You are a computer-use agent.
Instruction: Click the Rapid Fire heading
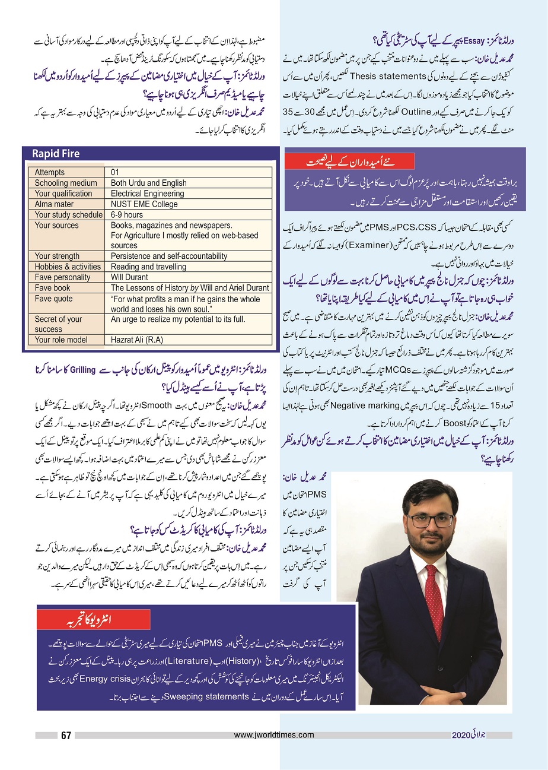click(x=56, y=154)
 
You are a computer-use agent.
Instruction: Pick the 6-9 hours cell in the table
click(x=127, y=215)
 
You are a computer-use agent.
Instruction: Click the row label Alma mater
click(x=54, y=204)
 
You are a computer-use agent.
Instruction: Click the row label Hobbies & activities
click(x=68, y=267)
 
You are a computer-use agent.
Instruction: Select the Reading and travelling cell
click(x=148, y=267)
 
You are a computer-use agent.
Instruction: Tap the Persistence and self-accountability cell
click(x=169, y=256)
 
